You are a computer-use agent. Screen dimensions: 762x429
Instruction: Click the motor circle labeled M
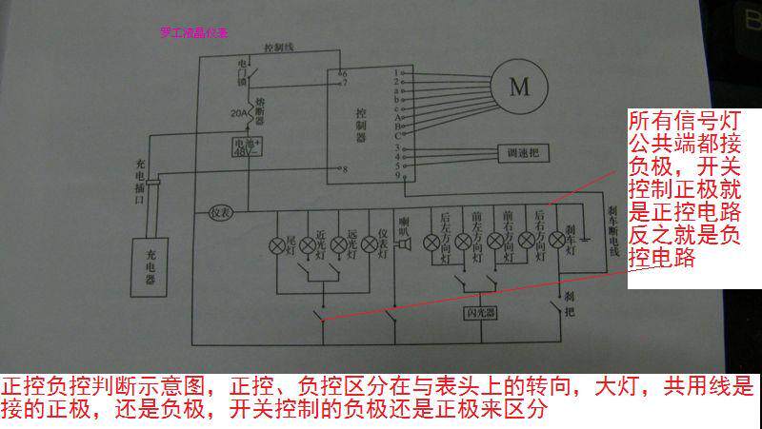(x=519, y=88)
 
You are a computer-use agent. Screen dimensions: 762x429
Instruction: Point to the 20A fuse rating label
(x=239, y=113)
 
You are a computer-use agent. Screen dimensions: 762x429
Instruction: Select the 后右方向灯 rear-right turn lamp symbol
(x=527, y=244)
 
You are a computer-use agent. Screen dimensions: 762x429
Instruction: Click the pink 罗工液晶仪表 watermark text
(x=194, y=31)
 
